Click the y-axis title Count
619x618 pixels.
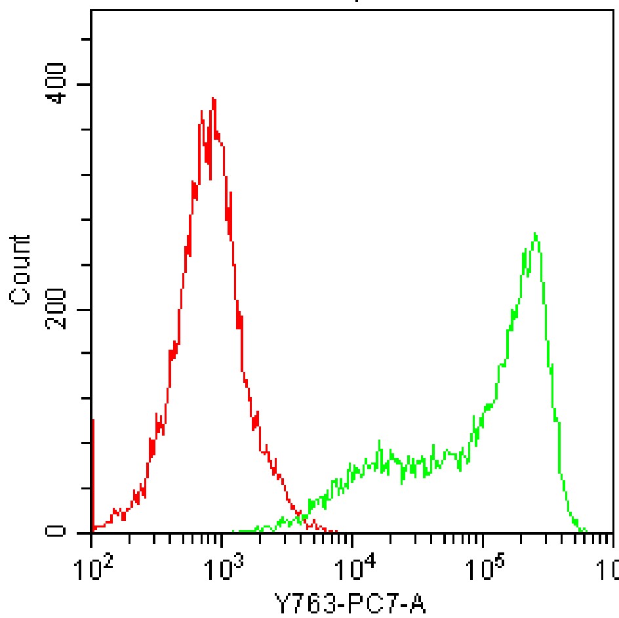pos(21,270)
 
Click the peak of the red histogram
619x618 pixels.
pos(213,99)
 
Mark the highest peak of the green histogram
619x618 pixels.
pos(536,234)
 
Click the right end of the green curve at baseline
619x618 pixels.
pos(586,531)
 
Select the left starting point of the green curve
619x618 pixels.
pos(234,531)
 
